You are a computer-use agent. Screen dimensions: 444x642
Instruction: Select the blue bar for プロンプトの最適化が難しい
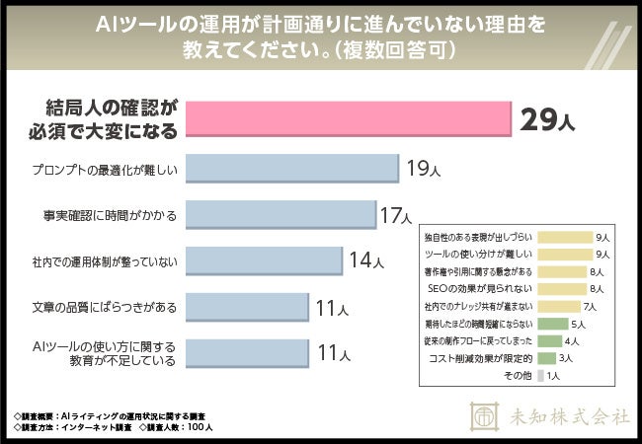point(291,169)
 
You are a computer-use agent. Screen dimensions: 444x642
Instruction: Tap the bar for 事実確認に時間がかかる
point(281,214)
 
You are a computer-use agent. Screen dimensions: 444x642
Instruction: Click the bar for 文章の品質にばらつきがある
point(247,307)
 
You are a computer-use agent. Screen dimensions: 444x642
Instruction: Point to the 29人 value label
point(547,121)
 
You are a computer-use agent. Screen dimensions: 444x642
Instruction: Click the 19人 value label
point(422,170)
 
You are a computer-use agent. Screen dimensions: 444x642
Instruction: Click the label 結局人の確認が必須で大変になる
point(115,118)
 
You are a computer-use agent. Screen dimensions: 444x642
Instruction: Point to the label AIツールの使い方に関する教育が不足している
point(104,353)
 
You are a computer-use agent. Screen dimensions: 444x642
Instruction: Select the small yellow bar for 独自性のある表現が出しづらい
point(563,238)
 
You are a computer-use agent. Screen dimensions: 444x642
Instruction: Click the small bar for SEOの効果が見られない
point(560,289)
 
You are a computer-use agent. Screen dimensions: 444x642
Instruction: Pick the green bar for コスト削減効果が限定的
point(546,357)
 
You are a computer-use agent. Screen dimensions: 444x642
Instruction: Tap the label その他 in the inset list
point(518,375)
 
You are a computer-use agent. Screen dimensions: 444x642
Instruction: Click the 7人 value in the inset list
point(602,307)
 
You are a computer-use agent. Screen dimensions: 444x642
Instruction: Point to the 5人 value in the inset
point(579,324)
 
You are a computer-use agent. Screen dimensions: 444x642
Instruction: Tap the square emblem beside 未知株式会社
point(484,415)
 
